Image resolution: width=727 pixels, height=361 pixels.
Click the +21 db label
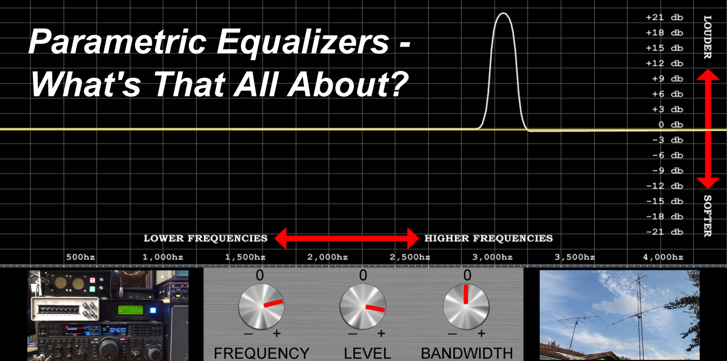[x=665, y=18]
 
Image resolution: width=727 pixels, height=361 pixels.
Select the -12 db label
[x=665, y=186]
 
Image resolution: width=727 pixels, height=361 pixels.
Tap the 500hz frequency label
[x=81, y=257]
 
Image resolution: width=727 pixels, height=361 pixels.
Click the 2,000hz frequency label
[x=328, y=258]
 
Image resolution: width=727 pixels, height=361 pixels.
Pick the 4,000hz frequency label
[x=663, y=258]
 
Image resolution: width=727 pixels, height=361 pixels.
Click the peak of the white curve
[x=503, y=13]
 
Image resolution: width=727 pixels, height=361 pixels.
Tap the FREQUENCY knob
[x=261, y=307]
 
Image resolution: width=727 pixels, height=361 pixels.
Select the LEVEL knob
[x=363, y=307]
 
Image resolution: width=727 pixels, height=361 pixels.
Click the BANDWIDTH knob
[x=466, y=307]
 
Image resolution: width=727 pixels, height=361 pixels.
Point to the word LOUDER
[x=708, y=37]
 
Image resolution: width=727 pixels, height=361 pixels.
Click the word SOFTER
[x=708, y=216]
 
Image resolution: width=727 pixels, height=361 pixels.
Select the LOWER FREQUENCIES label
[x=206, y=238]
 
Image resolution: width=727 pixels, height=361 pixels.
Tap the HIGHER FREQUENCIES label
[x=488, y=238]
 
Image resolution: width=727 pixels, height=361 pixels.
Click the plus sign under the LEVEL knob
[x=381, y=333]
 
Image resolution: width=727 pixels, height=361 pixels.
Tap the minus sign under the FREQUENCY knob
[x=248, y=333]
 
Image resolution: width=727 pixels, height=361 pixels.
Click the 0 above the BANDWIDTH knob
[x=467, y=275]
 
